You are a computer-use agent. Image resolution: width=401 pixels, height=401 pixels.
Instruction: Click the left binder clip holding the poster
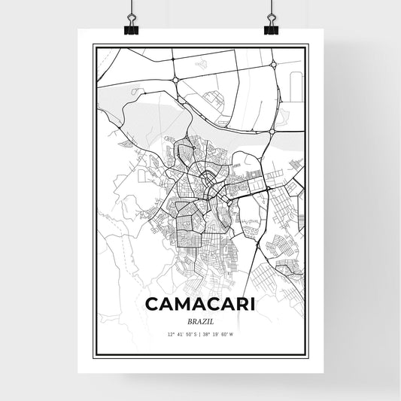tap(131, 23)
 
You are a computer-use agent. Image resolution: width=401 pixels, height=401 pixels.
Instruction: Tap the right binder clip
tap(270, 23)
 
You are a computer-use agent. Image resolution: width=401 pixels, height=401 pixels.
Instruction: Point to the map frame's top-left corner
tap(93, 45)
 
